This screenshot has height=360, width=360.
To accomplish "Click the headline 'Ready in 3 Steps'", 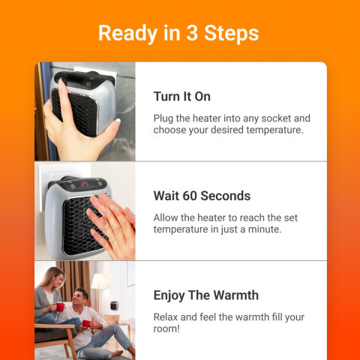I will (178, 33).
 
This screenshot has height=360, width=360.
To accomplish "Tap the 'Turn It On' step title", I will (181, 97).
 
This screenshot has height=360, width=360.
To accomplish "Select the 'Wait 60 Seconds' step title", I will (201, 196).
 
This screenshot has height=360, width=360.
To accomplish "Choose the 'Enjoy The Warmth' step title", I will (205, 295).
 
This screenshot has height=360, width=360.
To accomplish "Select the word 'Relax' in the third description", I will (166, 317).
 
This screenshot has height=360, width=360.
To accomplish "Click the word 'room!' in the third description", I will (169, 328).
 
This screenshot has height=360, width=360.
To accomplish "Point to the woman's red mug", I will (60, 307).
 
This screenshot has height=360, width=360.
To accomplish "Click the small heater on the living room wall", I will (114, 306).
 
